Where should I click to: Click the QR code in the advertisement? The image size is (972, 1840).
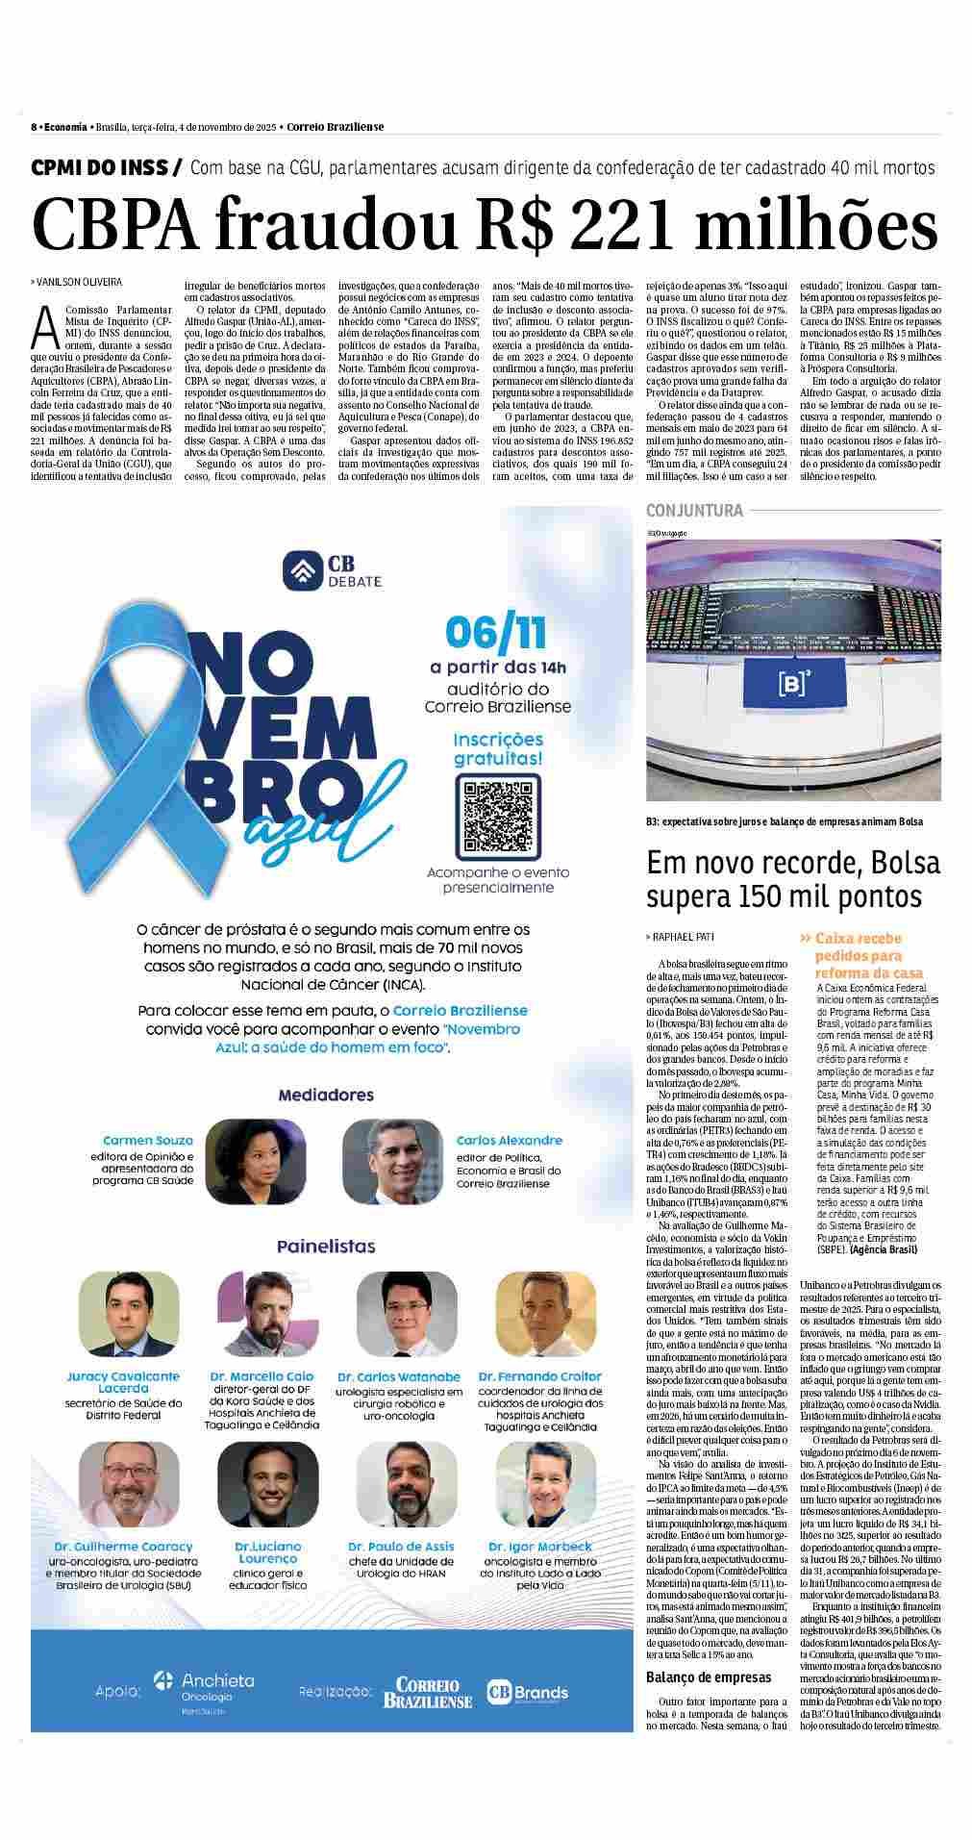498,819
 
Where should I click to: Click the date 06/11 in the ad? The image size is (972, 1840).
495,633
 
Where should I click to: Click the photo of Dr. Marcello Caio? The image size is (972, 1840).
255,1314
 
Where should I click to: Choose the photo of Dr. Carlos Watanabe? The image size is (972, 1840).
392,1314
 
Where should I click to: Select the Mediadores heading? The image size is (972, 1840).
326,1095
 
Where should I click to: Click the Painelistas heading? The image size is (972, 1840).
326,1247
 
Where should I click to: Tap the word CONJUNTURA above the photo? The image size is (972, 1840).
694,511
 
